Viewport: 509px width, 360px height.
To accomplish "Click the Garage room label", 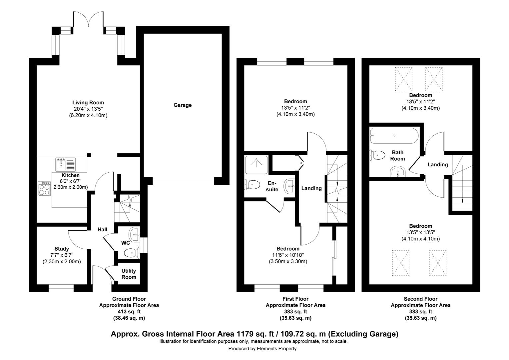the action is point(183,105).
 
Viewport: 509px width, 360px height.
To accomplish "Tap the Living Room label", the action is point(88,103).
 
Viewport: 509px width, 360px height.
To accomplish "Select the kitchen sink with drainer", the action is point(65,164).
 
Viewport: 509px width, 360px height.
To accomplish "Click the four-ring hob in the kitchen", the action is point(44,189).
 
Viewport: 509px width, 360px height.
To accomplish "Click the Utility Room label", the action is point(129,274).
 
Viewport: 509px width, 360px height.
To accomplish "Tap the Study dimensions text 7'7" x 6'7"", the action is point(62,255).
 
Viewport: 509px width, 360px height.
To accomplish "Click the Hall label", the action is point(103,229).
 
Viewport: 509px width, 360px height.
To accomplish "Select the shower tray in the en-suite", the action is point(256,165).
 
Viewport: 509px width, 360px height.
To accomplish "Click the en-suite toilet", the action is point(252,184).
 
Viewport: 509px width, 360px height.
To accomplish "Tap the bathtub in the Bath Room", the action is point(394,136).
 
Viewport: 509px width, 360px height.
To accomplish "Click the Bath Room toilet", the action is point(377,155).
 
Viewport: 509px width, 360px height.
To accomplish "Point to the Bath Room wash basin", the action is point(398,171).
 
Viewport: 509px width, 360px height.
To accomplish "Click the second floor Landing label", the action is point(438,164).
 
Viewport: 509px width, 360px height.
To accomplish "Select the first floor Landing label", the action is point(311,188).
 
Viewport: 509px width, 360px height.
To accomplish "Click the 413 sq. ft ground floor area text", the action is point(129,312).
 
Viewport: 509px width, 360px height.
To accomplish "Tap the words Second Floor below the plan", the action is point(421,299).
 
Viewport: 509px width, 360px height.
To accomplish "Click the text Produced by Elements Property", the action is point(262,348).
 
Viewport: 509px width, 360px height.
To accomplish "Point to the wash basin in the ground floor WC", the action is point(134,234).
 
